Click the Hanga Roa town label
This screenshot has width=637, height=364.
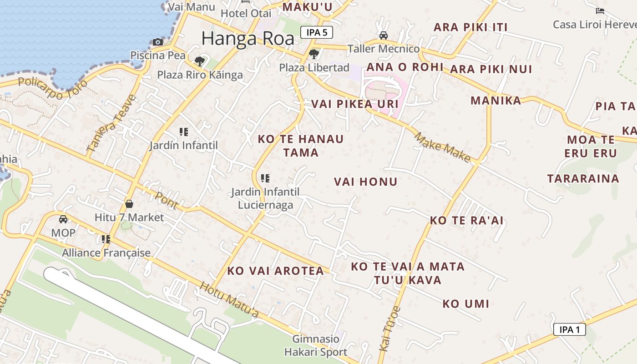click(248, 38)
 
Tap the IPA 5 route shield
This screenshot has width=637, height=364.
click(317, 32)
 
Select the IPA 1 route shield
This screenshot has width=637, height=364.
click(569, 329)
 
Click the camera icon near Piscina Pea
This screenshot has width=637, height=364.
click(158, 42)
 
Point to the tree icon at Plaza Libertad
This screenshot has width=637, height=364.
click(313, 55)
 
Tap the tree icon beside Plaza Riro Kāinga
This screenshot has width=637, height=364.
click(199, 61)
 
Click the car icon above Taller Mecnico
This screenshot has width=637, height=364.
click(384, 35)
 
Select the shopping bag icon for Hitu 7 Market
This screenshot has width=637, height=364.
click(129, 204)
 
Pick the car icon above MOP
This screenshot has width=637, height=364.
click(63, 219)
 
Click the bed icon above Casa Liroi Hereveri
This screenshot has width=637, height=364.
click(600, 11)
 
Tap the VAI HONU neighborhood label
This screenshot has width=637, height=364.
click(366, 182)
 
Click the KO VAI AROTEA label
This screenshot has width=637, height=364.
click(276, 271)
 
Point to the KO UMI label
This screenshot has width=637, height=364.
click(466, 304)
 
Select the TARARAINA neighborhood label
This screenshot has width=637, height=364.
click(583, 178)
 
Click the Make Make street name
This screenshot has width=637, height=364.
click(442, 147)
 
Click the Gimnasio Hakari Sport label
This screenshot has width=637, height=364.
click(316, 345)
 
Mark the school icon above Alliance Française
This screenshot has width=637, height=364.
click(106, 239)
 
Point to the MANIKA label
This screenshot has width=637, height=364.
click(495, 101)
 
